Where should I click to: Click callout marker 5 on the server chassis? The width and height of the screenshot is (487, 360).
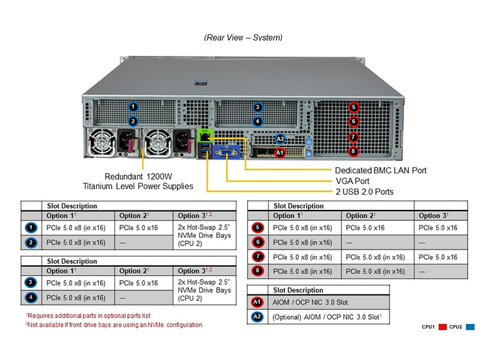[353, 107]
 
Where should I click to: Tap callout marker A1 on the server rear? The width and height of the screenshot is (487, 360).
[280, 153]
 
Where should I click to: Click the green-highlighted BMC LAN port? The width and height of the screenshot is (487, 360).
[205, 136]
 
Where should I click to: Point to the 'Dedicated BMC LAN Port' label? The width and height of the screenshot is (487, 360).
[381, 170]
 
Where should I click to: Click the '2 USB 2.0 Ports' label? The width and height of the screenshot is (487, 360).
[365, 192]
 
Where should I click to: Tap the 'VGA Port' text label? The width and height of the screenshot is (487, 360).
[353, 181]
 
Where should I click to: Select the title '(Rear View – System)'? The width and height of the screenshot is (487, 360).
[243, 38]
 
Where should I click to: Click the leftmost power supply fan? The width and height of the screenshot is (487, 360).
[101, 143]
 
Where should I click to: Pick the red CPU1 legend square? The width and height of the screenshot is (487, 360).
[443, 327]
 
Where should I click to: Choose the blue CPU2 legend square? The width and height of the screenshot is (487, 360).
[470, 327]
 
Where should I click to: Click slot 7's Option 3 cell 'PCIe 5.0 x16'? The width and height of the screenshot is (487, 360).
[438, 257]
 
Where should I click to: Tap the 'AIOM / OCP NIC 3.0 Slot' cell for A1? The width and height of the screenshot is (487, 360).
[310, 302]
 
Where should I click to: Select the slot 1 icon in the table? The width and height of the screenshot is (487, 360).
[31, 228]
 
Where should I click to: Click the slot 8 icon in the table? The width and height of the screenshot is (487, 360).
[258, 271]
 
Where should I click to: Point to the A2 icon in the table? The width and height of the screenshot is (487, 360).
[257, 317]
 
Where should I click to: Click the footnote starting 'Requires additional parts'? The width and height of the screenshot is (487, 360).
[88, 316]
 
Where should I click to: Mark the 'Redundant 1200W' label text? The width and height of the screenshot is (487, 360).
[138, 177]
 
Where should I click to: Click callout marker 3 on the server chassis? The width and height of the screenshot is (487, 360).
[258, 107]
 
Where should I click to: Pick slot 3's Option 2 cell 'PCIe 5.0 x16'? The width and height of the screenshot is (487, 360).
[138, 283]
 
